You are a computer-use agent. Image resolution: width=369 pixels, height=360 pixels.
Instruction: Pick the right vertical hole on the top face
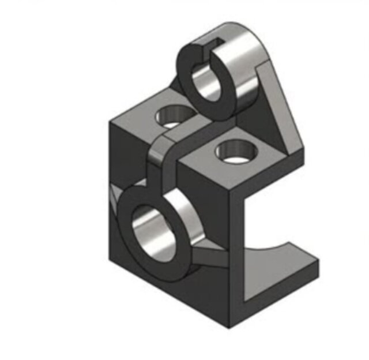coord(235,152)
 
